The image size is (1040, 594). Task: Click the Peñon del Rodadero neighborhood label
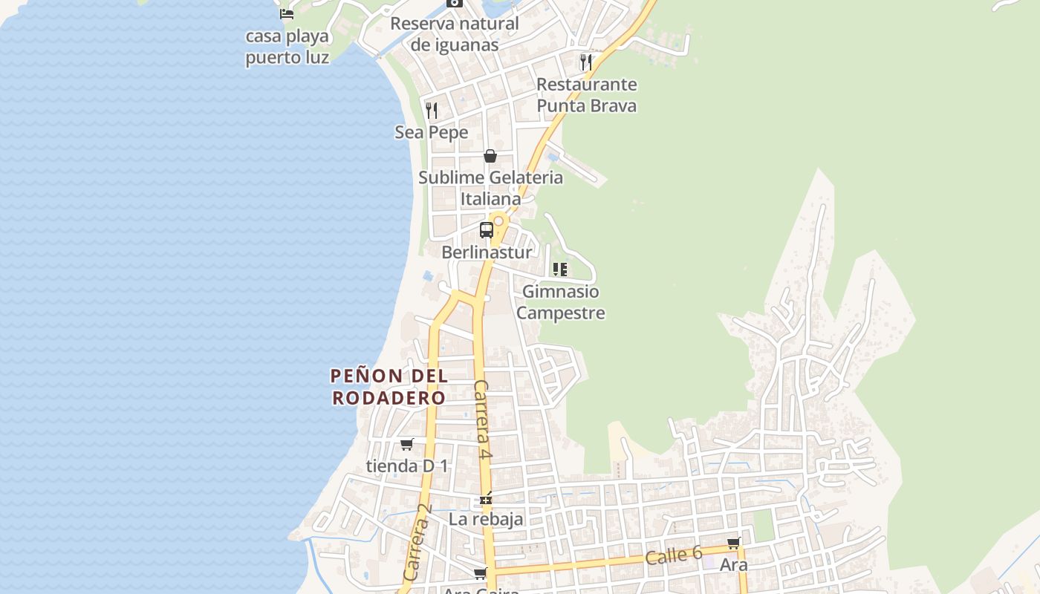389,387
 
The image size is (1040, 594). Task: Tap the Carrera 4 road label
483,420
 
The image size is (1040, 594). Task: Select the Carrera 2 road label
417,543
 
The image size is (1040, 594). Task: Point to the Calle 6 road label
673,555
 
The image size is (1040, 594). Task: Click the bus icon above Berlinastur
487,230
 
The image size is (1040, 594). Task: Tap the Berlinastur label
487,252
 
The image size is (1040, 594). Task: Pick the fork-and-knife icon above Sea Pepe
432,111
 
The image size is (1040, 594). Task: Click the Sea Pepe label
432,133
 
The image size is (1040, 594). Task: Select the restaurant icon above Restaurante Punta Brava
586,62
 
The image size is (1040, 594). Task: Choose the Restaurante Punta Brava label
586,95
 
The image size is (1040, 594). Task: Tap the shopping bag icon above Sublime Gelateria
490,156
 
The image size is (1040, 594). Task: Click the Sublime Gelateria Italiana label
490,189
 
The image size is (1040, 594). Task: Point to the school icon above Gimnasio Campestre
560,270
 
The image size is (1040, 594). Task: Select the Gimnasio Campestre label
560,302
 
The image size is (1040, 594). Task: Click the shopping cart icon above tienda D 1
406,444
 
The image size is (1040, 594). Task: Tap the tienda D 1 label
407,466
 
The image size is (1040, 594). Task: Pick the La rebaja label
486,519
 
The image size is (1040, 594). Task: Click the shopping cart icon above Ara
733,543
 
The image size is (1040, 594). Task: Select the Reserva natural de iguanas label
455,34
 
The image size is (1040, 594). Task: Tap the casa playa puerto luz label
287,47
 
